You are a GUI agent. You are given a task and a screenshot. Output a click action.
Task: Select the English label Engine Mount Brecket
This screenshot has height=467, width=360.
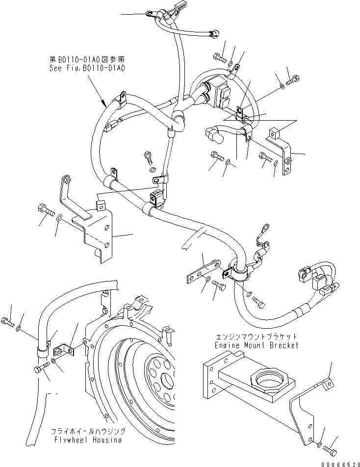(257, 345)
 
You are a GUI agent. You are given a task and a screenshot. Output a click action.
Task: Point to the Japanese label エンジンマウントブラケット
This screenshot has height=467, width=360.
(257, 337)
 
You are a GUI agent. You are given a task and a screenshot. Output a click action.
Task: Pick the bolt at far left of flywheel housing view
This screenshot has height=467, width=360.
(8, 323)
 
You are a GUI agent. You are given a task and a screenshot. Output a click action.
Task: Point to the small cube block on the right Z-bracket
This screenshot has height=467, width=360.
(274, 133)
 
